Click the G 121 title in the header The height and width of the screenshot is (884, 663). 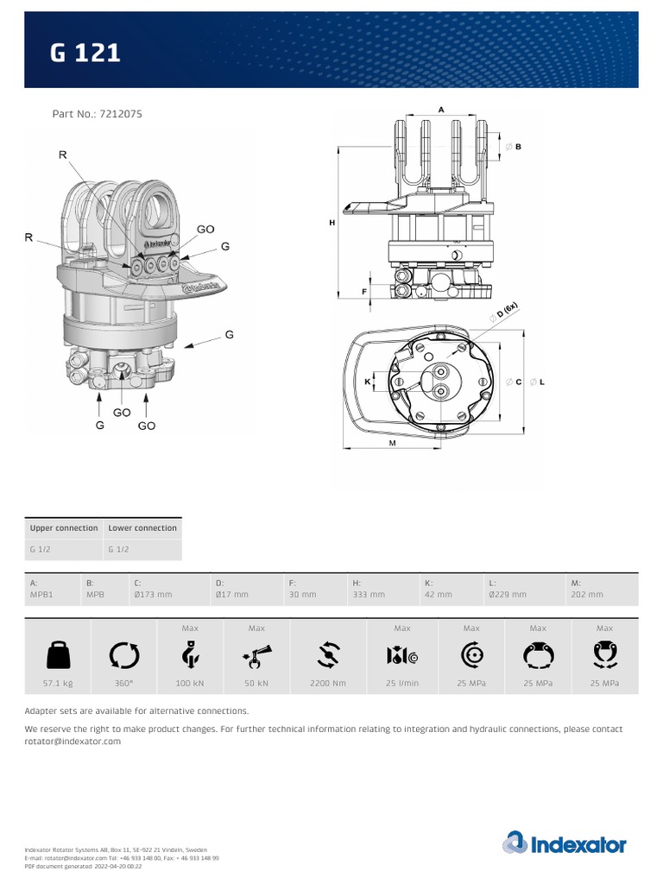85,54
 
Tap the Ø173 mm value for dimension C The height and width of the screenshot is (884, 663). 153,595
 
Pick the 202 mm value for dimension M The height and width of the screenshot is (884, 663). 587,595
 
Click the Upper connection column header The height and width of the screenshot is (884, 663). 64,527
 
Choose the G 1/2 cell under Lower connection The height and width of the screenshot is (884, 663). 117,549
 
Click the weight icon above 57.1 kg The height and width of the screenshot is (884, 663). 58,657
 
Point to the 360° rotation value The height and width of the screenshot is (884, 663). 123,684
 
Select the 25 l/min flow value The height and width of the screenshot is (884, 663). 402,684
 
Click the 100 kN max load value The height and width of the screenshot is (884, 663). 190,684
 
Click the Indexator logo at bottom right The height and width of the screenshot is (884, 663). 565,843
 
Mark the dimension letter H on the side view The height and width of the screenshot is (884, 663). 332,223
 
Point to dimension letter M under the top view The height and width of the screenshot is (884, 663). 392,442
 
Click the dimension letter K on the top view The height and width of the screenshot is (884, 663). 368,381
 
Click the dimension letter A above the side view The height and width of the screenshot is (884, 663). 441,110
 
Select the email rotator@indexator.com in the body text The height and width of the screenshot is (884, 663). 73,742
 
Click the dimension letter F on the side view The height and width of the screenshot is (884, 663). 364,292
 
